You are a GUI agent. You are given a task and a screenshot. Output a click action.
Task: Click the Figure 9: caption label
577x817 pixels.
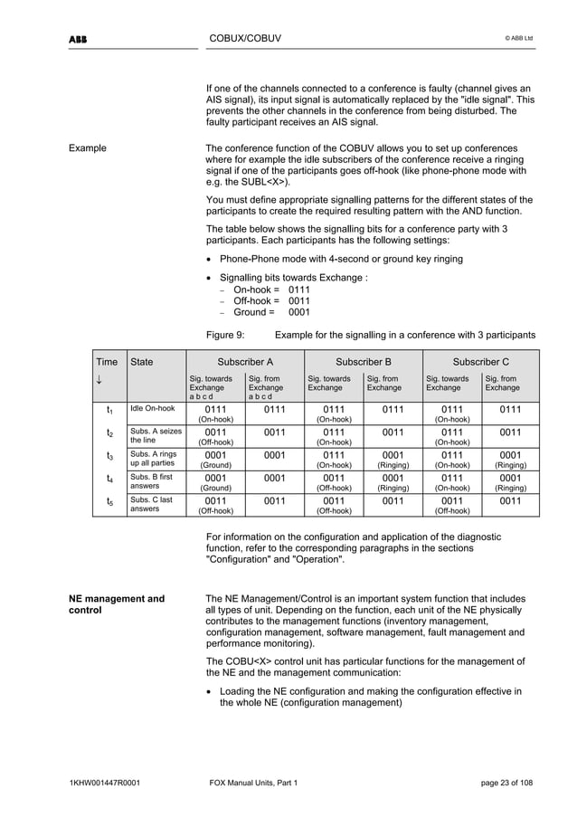pos(225,335)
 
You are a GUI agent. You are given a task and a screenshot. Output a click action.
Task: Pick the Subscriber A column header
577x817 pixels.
pos(244,361)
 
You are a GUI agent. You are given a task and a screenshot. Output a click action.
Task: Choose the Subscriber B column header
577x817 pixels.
pos(363,361)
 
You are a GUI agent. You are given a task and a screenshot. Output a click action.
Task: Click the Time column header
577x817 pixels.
pos(107,361)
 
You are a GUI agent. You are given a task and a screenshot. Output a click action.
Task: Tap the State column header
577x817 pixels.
pos(142,361)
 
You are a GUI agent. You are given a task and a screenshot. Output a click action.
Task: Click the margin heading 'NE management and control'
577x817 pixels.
pos(118,604)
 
